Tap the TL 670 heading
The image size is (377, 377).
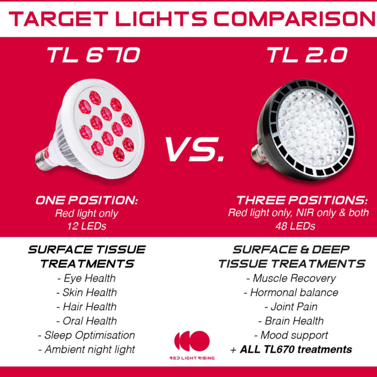click(x=93, y=55)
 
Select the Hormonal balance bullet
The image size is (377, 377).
click(x=291, y=292)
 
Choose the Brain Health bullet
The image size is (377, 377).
click(x=291, y=321)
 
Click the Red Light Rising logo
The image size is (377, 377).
click(x=192, y=344)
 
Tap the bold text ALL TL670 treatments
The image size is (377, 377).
click(x=296, y=349)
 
